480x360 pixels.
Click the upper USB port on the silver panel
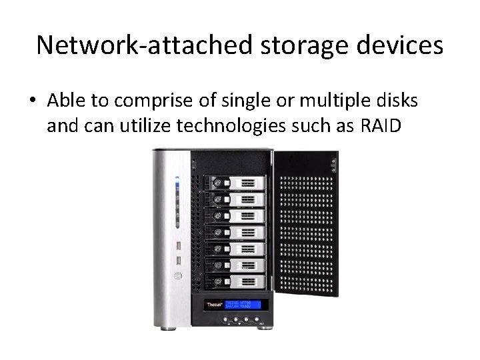(x=179, y=245)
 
